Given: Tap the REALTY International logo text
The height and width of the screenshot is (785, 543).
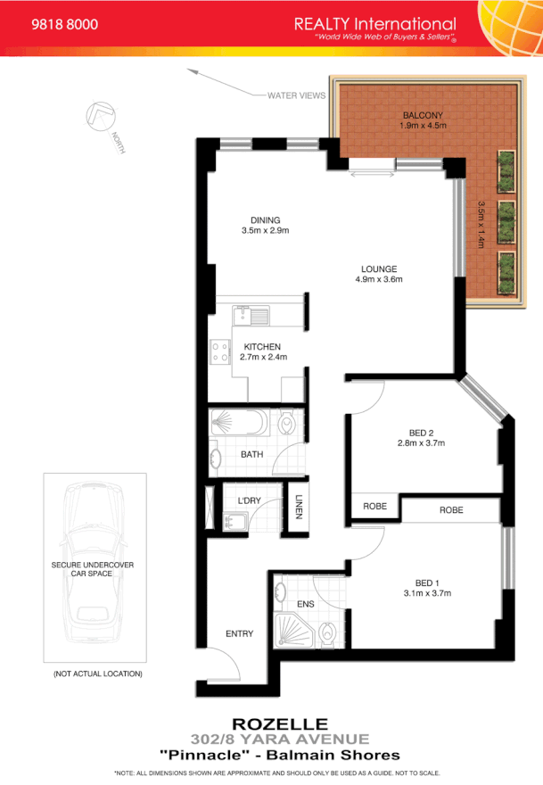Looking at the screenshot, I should pos(374,24).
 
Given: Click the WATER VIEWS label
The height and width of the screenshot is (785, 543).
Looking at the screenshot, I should pos(297,95).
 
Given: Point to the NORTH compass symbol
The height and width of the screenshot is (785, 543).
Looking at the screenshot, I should pos(102,120).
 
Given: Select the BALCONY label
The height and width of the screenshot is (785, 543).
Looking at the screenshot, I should pos(423,116).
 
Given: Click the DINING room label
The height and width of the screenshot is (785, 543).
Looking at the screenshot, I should pos(265,220).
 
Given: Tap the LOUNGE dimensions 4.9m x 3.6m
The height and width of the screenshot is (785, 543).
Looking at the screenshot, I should pos(379,280).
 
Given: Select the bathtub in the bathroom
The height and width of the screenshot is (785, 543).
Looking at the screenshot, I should pos(238,422).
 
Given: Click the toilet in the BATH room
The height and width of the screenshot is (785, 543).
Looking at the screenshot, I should pos(287,423).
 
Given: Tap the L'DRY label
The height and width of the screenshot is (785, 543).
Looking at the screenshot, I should pos(247,500).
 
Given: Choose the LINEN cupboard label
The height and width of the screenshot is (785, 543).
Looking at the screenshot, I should pos(300,507).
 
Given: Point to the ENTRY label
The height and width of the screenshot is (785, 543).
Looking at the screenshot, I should pos(239,634).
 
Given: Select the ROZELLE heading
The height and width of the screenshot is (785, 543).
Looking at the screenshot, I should pos(279,723).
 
